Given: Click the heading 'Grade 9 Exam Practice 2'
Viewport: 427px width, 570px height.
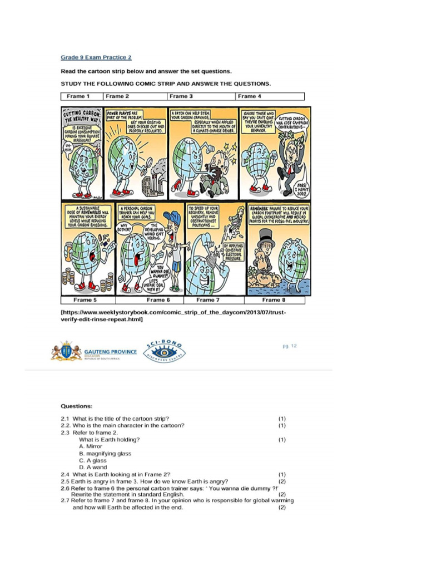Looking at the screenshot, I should (96, 57).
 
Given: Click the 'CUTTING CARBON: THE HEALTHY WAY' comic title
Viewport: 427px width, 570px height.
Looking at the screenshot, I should (82, 116).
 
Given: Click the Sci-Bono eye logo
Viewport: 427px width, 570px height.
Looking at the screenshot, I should (166, 352).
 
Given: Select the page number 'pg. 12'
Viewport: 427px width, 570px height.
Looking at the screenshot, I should (289, 346).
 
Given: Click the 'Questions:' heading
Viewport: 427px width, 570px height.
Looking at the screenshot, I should (77, 406).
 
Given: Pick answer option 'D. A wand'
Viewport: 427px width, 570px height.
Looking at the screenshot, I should (93, 468).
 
